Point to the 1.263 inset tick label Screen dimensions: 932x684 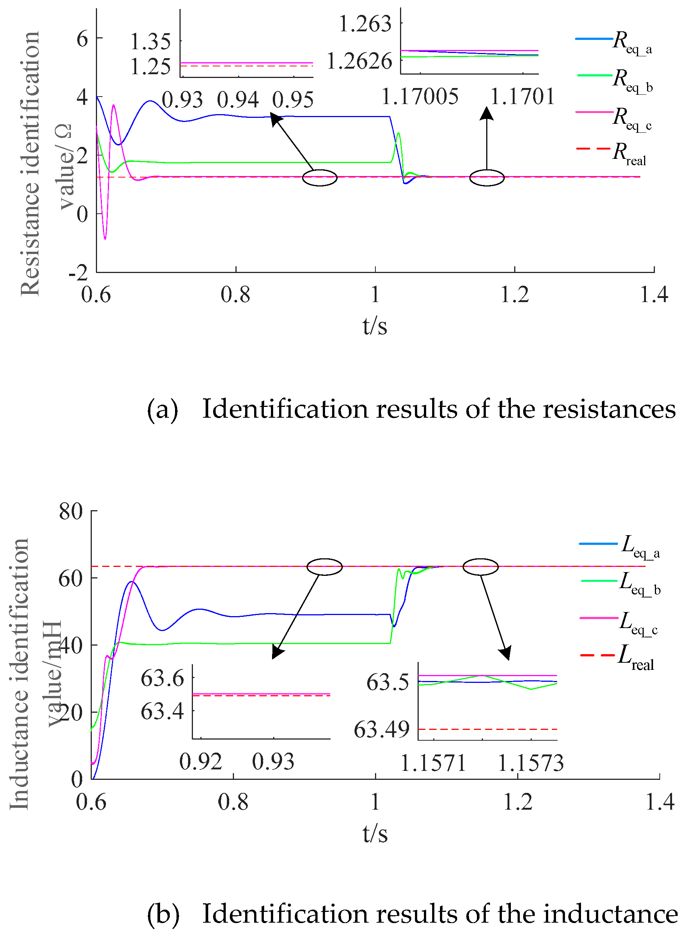[x=365, y=23]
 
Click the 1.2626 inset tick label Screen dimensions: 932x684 [x=359, y=61]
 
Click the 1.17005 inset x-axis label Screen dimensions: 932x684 [x=419, y=97]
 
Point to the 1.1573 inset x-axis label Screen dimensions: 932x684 [x=530, y=763]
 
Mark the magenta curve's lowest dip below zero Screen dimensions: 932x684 [x=105, y=238]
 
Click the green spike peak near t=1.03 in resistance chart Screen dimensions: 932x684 [x=398, y=133]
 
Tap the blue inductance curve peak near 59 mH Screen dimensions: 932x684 [x=132, y=582]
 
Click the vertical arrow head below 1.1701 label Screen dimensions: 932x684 [x=487, y=113]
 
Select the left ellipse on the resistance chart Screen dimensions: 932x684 [x=320, y=178]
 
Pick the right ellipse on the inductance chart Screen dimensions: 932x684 [x=480, y=567]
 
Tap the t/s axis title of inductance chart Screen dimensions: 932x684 [x=375, y=833]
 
